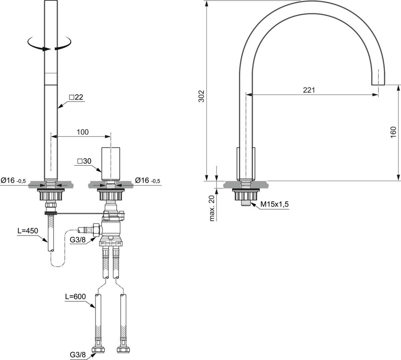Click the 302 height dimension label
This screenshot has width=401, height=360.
[x=202, y=96]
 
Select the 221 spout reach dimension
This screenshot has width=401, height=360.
[x=309, y=90]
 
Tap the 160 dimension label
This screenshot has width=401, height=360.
[x=394, y=132]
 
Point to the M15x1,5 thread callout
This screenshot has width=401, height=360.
[x=274, y=204]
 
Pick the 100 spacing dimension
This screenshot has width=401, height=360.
[x=82, y=132]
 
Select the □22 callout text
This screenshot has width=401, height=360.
[x=76, y=97]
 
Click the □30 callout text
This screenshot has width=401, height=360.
[x=84, y=161]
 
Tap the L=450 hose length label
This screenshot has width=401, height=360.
[x=28, y=231]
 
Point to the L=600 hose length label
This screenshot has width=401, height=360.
[x=75, y=297]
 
